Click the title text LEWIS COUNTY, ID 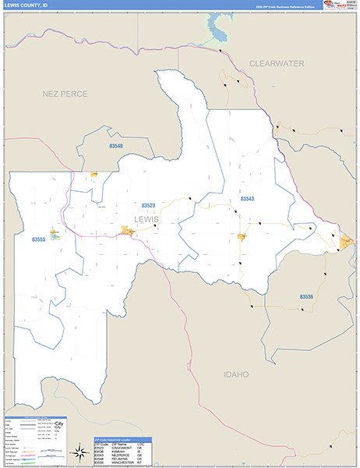pos(24,5)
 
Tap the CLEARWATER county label pos(277,63)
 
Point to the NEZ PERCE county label pos(65,94)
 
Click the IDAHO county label pos(235,374)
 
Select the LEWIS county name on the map pos(146,219)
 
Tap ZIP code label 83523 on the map pos(148,206)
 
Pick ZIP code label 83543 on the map pos(247,199)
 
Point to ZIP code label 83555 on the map pos(39,240)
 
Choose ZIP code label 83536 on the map pos(306,296)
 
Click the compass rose pos(79,451)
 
